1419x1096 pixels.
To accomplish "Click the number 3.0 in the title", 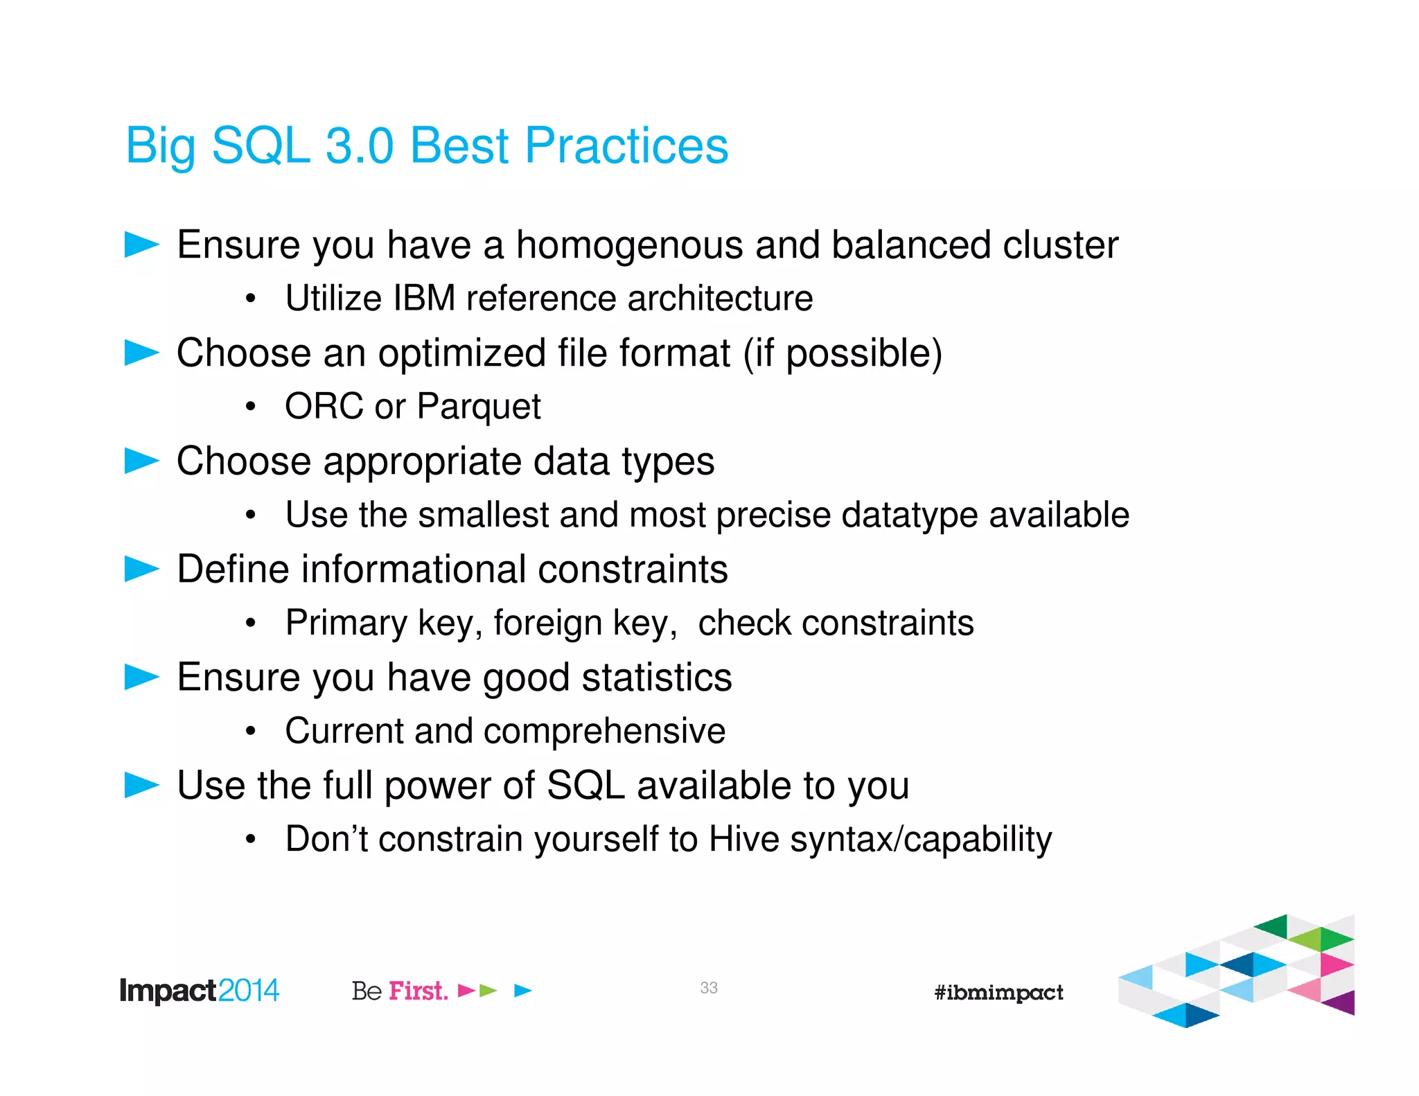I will pos(359,146).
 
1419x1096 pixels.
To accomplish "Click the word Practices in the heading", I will pos(626,146).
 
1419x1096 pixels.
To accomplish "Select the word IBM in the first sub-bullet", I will pos(424,299).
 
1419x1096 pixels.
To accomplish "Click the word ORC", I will pos(324,407).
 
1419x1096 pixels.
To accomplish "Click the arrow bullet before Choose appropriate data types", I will pos(142,461).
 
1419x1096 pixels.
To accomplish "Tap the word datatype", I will pos(909,515).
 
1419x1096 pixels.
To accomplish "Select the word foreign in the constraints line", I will pos(547,623).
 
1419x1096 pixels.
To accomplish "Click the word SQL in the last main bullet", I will pos(585,786).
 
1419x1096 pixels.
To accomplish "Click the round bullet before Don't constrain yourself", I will pos(251,840).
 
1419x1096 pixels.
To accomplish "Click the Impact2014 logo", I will pos(199,991).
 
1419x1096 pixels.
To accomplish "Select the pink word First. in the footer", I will pos(418,991).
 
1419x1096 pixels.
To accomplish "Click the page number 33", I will pos(708,988).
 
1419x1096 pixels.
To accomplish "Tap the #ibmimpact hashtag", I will pos(998,992).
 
